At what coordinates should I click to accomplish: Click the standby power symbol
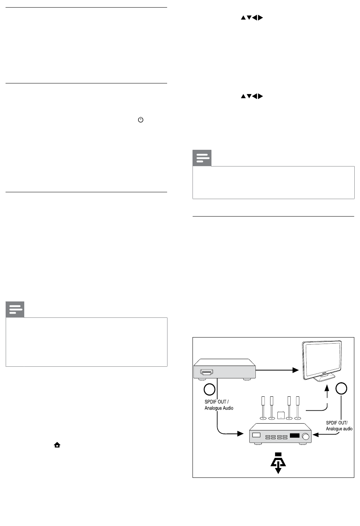tap(141, 120)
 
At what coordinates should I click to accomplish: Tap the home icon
tap(57, 445)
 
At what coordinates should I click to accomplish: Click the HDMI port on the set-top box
tap(207, 372)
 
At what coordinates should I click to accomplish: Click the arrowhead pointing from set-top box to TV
tap(296, 370)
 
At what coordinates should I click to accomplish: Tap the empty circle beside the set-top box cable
tap(209, 389)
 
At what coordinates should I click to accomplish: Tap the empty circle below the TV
tap(341, 388)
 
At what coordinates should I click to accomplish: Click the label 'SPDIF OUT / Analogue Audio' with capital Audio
tap(219, 405)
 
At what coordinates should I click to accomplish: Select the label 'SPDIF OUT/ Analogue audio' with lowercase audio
tap(339, 426)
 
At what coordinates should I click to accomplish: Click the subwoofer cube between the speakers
tap(281, 415)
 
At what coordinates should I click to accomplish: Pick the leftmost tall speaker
tap(263, 408)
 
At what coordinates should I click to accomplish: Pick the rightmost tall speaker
tap(297, 408)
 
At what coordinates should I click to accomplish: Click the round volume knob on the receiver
tap(305, 436)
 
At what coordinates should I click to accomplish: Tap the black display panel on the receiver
tap(295, 435)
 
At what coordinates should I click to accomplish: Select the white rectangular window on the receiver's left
tap(256, 435)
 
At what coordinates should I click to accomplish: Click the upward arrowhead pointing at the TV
tap(327, 388)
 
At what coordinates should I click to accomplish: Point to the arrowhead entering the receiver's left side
tap(240, 433)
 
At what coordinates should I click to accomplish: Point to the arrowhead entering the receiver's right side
tap(316, 435)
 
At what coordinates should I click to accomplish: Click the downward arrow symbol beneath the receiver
tap(278, 463)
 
